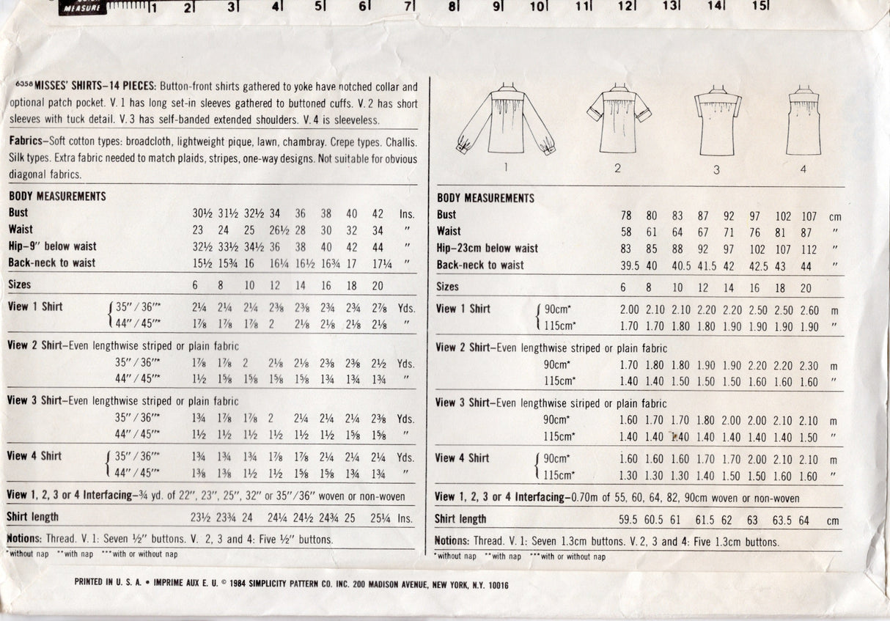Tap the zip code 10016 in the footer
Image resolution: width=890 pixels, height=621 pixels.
[x=493, y=584]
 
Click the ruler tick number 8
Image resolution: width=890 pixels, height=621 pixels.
[x=453, y=8]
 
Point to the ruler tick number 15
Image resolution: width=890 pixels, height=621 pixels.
[x=759, y=7]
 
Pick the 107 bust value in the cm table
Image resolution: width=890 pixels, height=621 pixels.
[x=809, y=216]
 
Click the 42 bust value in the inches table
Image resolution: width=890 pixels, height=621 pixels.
[x=378, y=214]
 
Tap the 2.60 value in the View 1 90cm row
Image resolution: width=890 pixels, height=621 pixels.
[x=809, y=310]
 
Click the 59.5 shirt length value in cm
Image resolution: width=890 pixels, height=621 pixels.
[x=628, y=521]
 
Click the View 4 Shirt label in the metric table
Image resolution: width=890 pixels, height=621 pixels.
[x=462, y=458]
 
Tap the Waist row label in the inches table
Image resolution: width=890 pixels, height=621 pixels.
[x=21, y=229]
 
